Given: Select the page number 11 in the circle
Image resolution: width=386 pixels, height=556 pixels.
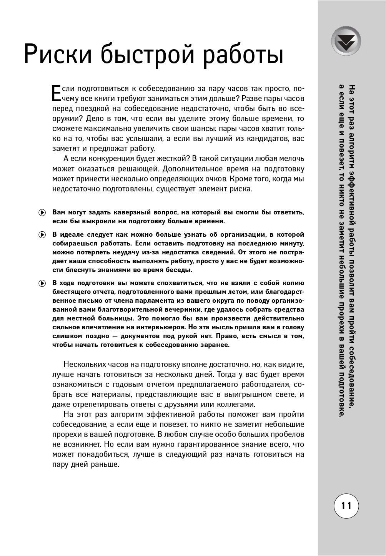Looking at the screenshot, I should tap(346, 506).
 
